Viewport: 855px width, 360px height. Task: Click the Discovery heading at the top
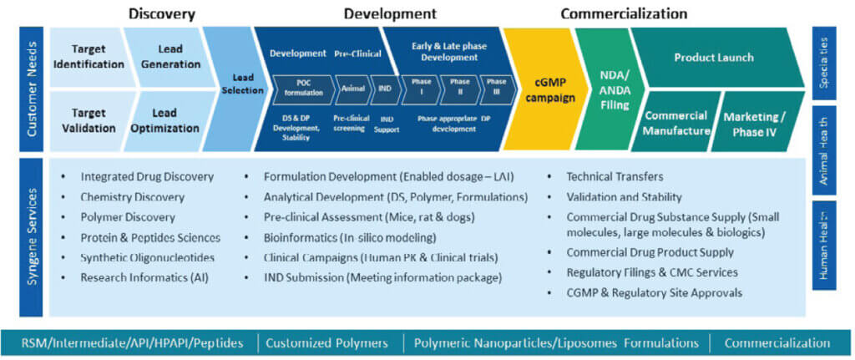pos(162,13)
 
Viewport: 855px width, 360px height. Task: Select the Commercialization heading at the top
pos(624,13)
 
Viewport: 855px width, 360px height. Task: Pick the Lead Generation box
pos(164,57)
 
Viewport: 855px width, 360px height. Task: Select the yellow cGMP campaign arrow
pos(544,89)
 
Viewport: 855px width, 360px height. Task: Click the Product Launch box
pos(713,58)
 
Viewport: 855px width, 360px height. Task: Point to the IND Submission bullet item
pos(382,277)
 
